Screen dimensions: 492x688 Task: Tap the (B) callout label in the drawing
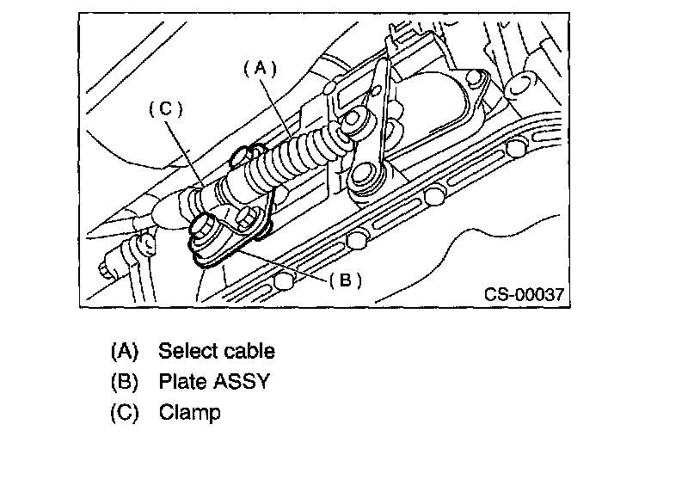[x=345, y=280]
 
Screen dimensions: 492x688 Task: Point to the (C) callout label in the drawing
[x=165, y=109]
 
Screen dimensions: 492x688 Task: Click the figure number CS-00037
[x=524, y=294]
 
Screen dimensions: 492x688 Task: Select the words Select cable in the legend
[x=217, y=351]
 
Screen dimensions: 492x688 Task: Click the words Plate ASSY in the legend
[x=214, y=381]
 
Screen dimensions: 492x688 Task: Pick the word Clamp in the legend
[x=189, y=412]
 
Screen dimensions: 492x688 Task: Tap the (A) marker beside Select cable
[x=124, y=351]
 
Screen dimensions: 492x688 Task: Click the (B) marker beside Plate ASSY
[x=124, y=381]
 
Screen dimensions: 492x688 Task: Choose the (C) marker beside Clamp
[x=124, y=412]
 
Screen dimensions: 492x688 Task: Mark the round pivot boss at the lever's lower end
[x=366, y=177]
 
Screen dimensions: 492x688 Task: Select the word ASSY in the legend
[x=242, y=381]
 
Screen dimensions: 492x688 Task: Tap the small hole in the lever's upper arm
[x=376, y=89]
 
